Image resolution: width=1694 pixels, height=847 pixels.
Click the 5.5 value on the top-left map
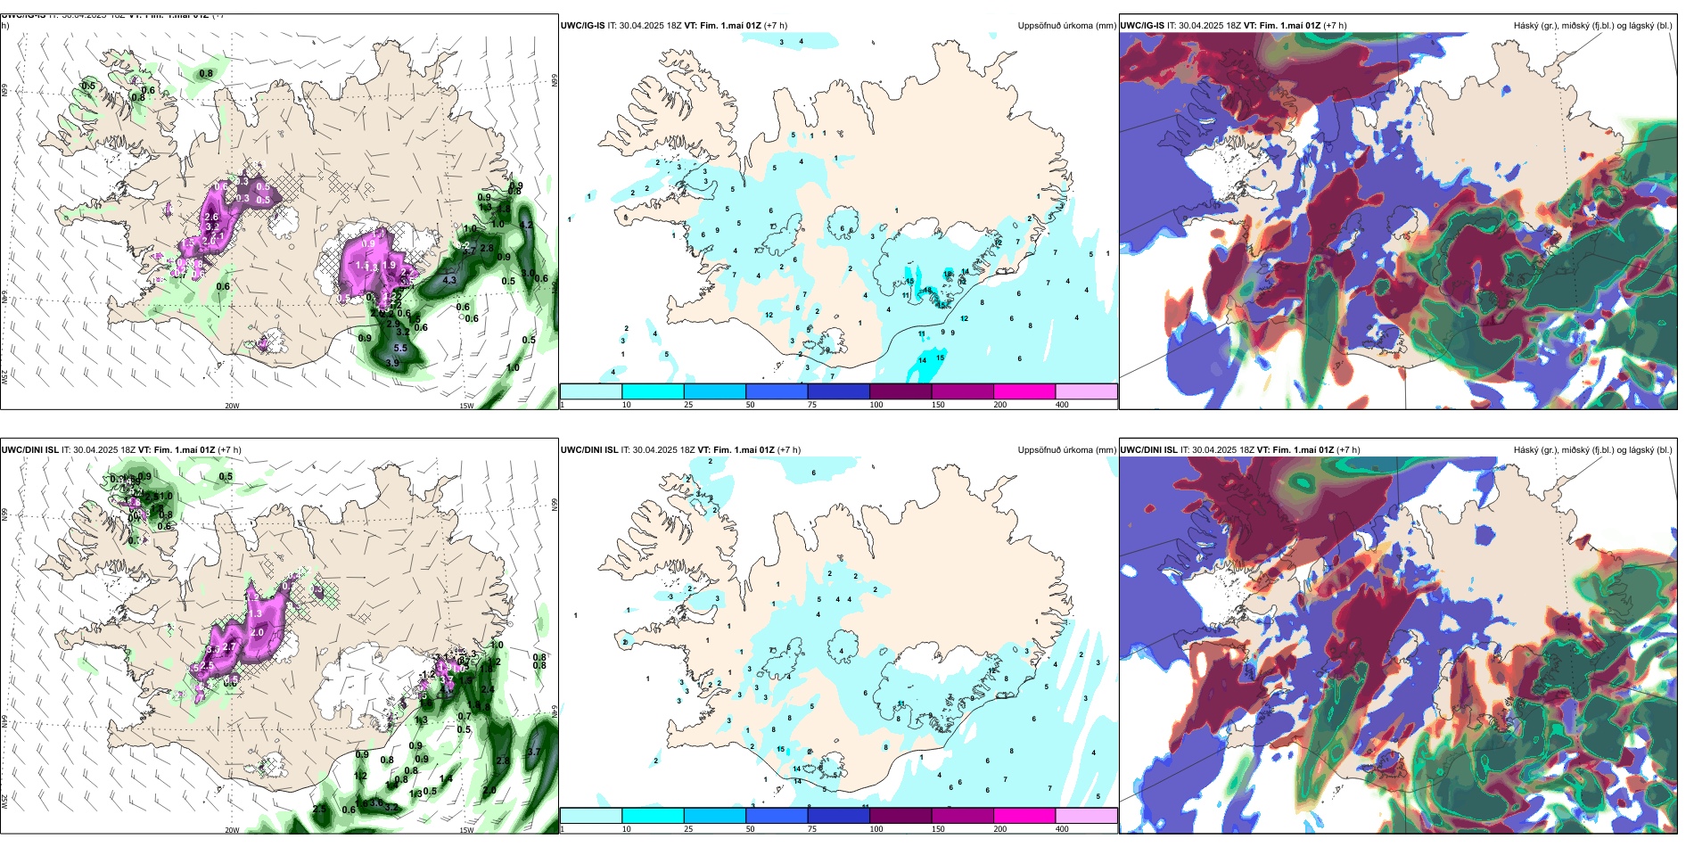[x=400, y=349]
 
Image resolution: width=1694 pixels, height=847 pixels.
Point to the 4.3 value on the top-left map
[x=449, y=280]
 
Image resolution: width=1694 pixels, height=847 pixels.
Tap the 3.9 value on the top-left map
[x=392, y=363]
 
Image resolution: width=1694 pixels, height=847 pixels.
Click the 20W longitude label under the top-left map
[x=232, y=406]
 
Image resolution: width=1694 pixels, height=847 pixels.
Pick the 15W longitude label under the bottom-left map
[x=466, y=830]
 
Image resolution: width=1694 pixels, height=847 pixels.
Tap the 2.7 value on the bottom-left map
[x=229, y=647]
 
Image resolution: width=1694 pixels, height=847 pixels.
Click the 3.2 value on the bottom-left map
[x=391, y=807]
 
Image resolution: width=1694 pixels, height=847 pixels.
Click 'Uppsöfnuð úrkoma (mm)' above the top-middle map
[x=1066, y=26]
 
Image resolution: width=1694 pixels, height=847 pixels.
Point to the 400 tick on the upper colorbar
[x=1062, y=405]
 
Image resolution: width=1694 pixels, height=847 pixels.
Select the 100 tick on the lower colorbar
[x=876, y=829]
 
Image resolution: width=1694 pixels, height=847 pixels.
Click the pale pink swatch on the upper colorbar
[x=1086, y=391]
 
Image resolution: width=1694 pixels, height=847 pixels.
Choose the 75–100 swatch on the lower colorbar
[x=838, y=816]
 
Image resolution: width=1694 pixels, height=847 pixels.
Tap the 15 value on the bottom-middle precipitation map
[x=781, y=749]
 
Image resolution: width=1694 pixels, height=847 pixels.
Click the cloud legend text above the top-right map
[x=1592, y=26]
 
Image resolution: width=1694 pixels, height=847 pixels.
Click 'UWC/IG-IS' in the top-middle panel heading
[x=582, y=26]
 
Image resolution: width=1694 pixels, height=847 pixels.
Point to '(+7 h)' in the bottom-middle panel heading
[x=789, y=450]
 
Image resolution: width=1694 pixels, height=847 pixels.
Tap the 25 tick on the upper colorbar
[x=688, y=405]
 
